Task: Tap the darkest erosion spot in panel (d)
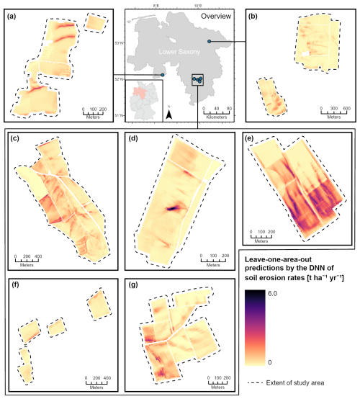coord(173,207)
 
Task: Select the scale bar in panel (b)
coord(334,112)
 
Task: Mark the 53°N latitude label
coord(129,42)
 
